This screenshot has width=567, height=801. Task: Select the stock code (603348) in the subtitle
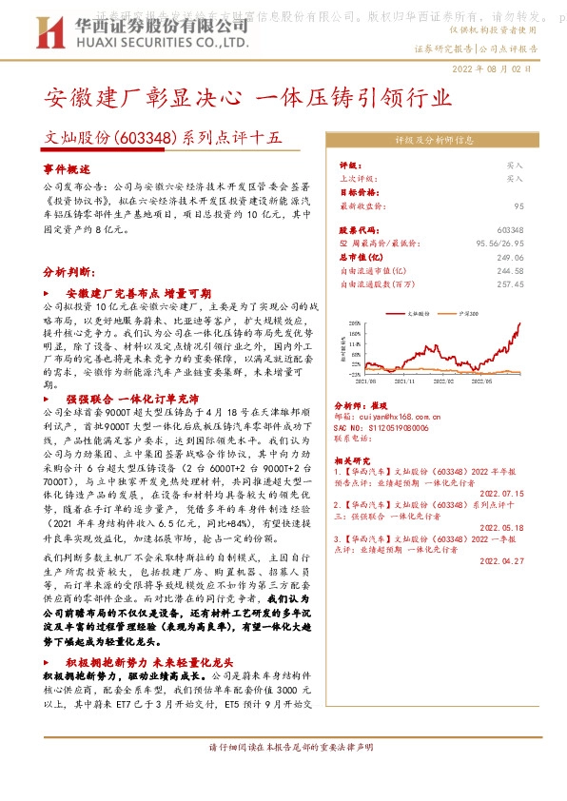click(x=147, y=137)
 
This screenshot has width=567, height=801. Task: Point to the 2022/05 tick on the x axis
click(x=496, y=379)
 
